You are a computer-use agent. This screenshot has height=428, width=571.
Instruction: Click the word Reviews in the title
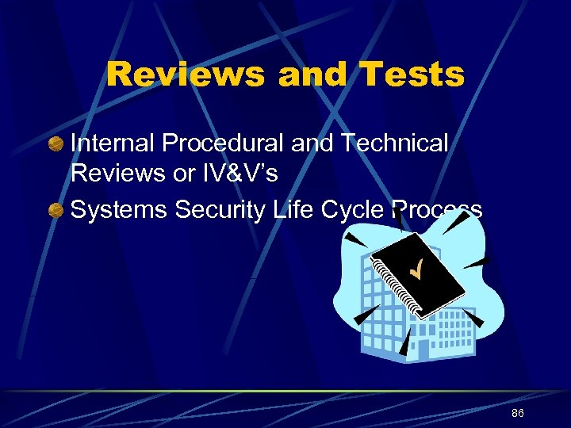pos(186,75)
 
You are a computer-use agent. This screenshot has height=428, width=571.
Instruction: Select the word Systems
pos(119,209)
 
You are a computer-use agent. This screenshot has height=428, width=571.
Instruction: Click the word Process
pos(437,209)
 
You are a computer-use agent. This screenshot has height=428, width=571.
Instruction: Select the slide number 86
pos(518,414)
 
